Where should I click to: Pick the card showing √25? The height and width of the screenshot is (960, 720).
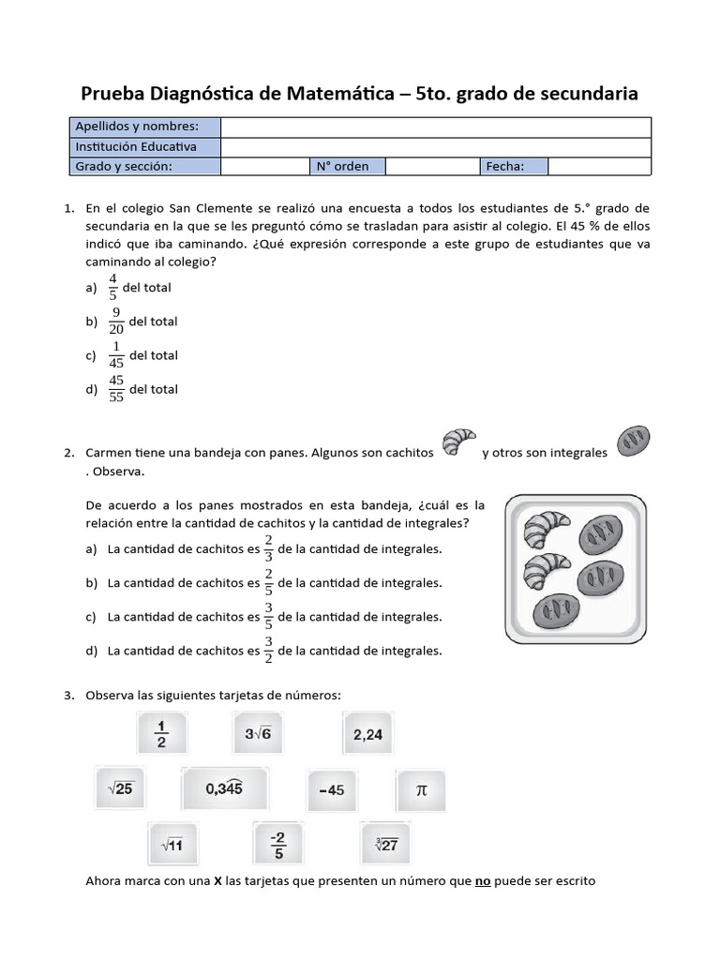click(120, 789)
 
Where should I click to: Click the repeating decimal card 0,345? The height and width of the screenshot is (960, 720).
click(225, 789)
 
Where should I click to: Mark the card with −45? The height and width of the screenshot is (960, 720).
click(331, 789)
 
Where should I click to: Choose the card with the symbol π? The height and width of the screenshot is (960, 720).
click(421, 789)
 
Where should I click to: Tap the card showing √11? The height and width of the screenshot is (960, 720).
click(172, 845)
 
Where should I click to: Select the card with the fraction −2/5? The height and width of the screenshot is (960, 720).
click(277, 844)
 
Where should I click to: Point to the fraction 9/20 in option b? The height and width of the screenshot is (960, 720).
click(116, 321)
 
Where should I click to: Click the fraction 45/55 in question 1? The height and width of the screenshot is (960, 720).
click(116, 388)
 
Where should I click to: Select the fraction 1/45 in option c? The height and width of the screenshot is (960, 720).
click(116, 354)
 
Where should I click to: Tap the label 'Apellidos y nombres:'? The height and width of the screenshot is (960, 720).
click(137, 127)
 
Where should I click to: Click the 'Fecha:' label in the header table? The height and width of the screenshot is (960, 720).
click(504, 166)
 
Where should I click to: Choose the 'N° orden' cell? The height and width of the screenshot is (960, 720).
click(342, 166)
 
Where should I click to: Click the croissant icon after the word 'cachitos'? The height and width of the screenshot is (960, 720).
click(458, 443)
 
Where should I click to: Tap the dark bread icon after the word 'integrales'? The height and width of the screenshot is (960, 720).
click(633, 440)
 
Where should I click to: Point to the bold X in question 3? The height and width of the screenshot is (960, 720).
click(217, 881)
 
